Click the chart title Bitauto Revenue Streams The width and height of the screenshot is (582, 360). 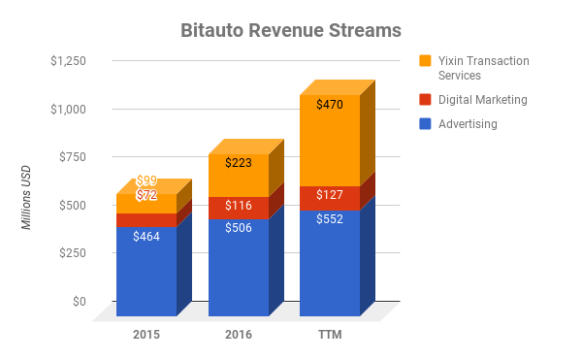pyautogui.click(x=291, y=30)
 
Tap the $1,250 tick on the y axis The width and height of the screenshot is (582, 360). pyautogui.click(x=68, y=61)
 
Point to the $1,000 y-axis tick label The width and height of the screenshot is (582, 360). pyautogui.click(x=68, y=110)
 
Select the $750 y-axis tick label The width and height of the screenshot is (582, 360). pyautogui.click(x=73, y=157)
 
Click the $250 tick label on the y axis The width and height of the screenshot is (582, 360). pyautogui.click(x=73, y=253)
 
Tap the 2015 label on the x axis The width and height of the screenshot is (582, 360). pyautogui.click(x=146, y=335)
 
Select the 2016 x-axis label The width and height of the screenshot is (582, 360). pyautogui.click(x=239, y=335)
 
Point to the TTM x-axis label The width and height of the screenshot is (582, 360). pyautogui.click(x=330, y=335)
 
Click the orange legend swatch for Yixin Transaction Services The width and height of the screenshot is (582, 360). pyautogui.click(x=425, y=61)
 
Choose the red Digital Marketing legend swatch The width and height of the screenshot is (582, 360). pyautogui.click(x=425, y=99)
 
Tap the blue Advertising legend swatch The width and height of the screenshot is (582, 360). pyautogui.click(x=425, y=124)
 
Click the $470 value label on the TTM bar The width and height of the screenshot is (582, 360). pyautogui.click(x=330, y=105)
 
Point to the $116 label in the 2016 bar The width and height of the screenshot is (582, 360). pyautogui.click(x=239, y=207)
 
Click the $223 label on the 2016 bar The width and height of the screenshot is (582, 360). pyautogui.click(x=239, y=163)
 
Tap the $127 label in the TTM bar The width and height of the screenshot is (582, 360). pyautogui.click(x=330, y=195)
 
